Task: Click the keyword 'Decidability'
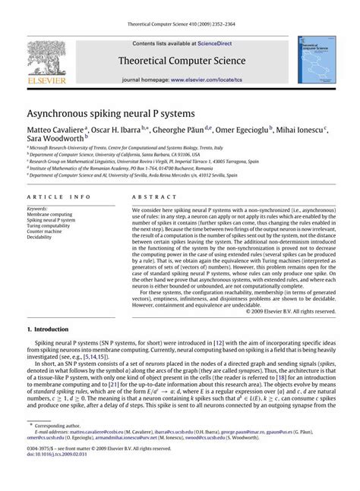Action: [x=42, y=238]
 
